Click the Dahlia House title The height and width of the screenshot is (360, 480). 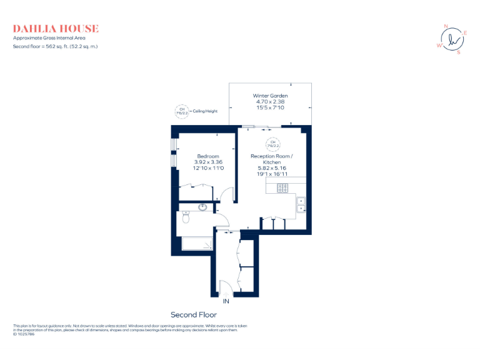[x=56, y=29]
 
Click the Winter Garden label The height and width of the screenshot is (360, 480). [x=270, y=96]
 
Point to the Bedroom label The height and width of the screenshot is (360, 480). [x=208, y=156]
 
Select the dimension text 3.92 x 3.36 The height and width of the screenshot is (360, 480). [x=208, y=162]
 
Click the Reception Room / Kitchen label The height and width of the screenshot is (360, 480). [x=271, y=159]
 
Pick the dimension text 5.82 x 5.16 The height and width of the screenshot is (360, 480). [x=271, y=168]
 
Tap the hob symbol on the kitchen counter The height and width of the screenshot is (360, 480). [x=282, y=187]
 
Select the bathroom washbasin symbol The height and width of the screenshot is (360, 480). [x=203, y=207]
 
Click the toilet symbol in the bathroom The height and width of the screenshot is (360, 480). [x=185, y=218]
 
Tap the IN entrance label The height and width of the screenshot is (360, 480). [x=226, y=302]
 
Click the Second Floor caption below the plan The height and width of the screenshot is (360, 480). [x=194, y=315]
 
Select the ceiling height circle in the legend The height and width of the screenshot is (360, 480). [x=182, y=111]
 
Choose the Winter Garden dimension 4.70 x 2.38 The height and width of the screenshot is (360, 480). [x=270, y=102]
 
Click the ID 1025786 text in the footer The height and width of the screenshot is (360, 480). [x=24, y=334]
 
